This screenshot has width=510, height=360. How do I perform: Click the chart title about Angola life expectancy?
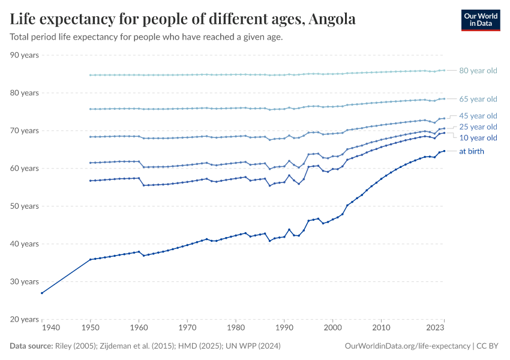click(x=183, y=19)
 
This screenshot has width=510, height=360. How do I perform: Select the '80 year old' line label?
click(x=478, y=71)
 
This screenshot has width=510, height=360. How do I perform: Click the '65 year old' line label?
click(x=478, y=99)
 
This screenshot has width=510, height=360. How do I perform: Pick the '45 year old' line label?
click(x=478, y=116)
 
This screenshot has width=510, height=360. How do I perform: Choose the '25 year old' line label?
click(x=478, y=127)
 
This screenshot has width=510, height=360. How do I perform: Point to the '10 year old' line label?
click(x=478, y=138)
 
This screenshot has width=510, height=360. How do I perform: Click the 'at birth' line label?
click(x=471, y=151)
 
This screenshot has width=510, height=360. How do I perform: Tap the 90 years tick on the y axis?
click(x=25, y=55)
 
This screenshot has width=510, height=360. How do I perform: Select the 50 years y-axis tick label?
click(x=25, y=206)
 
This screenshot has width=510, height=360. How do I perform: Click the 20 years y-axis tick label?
click(x=25, y=319)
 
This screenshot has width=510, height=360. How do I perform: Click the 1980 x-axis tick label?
click(x=235, y=328)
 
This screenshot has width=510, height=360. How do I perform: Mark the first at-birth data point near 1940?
click(x=41, y=293)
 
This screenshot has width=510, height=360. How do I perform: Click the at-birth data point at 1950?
click(x=90, y=259)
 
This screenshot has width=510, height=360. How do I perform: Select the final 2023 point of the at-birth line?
click(x=444, y=151)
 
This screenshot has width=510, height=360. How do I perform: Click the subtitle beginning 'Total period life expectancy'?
click(x=146, y=37)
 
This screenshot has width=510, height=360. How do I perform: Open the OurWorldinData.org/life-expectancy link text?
click(x=408, y=346)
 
